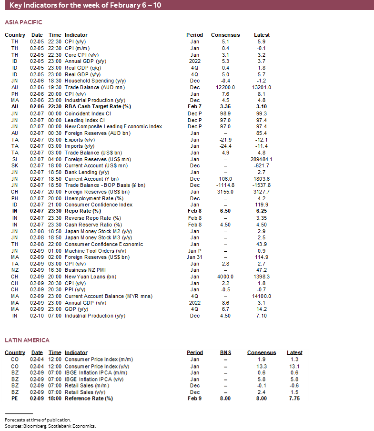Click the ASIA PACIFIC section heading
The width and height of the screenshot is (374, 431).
[x=23, y=22]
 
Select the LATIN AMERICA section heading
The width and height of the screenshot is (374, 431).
[x=27, y=340]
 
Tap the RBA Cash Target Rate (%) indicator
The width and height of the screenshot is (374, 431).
[x=98, y=107]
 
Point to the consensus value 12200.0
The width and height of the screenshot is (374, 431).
[x=225, y=87]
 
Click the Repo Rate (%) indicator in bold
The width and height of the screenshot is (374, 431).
[x=83, y=211]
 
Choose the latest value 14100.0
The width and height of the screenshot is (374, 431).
[x=262, y=296]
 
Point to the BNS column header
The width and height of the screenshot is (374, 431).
[x=225, y=353]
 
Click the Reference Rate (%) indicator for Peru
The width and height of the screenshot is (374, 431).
[x=89, y=399]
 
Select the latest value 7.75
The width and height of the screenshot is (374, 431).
[x=294, y=399]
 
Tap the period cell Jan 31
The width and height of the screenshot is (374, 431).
[x=194, y=257]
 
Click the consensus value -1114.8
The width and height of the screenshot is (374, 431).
[x=225, y=185]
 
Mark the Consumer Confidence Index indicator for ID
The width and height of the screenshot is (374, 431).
[x=99, y=205]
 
